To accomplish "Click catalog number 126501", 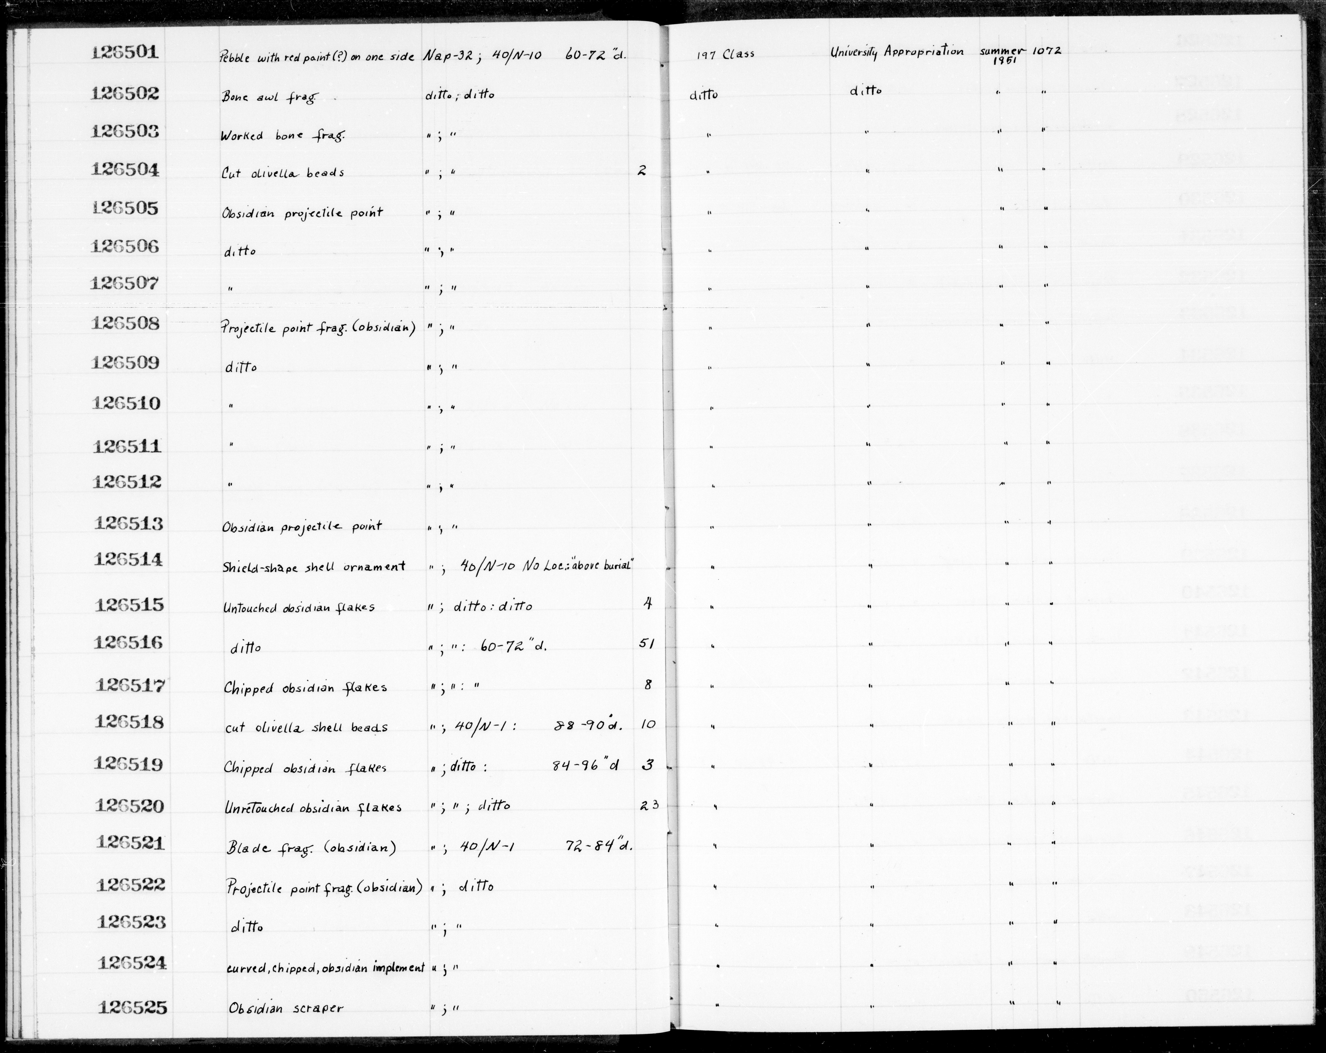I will coord(125,54).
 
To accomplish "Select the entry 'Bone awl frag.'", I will coord(268,97).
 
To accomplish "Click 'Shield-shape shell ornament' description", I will coord(314,567).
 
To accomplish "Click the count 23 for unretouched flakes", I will coord(649,804).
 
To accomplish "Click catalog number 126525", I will coord(132,1008).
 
